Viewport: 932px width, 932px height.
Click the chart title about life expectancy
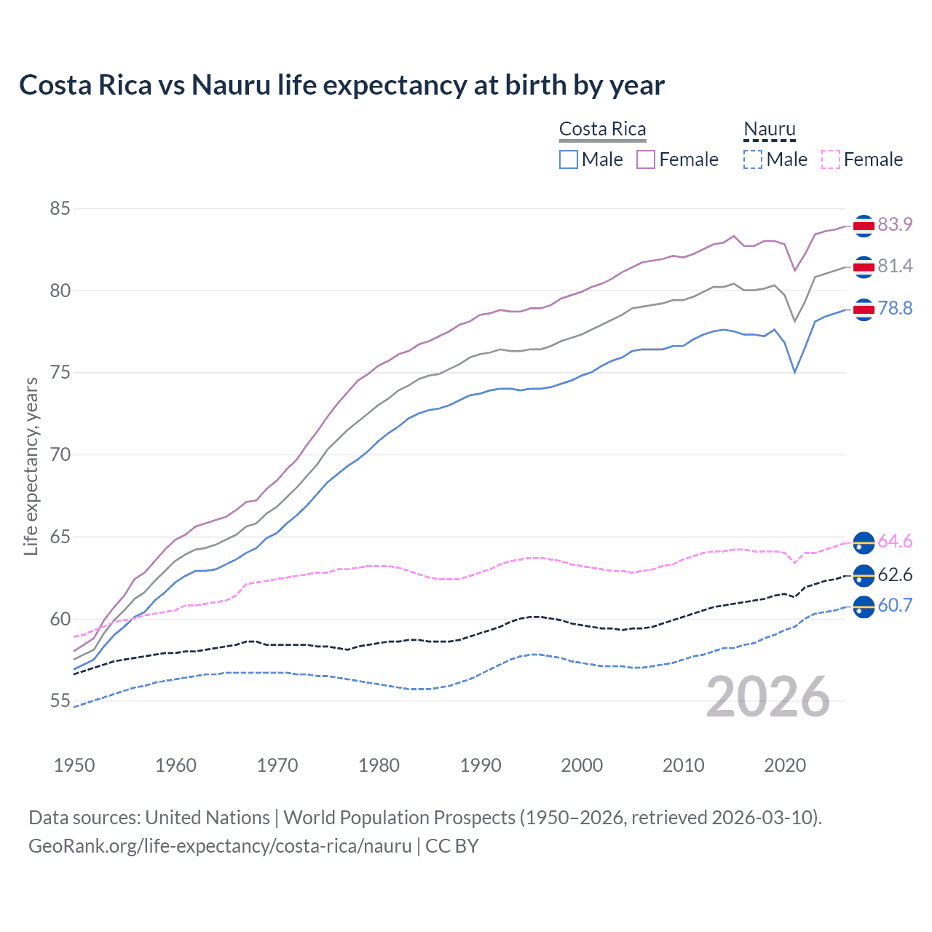coord(341,85)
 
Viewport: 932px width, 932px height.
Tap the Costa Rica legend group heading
coord(602,129)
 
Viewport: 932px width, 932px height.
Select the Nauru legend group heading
coord(769,129)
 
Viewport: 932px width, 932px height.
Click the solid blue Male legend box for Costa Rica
coord(569,159)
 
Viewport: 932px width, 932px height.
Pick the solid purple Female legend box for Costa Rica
coord(646,159)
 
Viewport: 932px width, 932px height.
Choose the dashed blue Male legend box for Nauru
coord(753,159)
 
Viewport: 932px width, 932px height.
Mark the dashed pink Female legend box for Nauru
coord(830,159)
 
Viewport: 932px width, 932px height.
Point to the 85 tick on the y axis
coord(60,209)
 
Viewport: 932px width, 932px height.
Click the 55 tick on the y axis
coord(60,701)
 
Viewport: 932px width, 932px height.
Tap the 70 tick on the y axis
coord(60,455)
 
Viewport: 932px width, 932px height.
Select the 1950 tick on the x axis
coord(74,765)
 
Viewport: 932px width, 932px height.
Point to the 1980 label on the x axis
coord(379,765)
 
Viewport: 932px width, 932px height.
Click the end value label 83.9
coord(895,225)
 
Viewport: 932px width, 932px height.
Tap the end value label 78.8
coord(895,309)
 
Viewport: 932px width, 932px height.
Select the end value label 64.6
coord(895,542)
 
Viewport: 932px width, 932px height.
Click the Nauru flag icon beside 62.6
coord(864,575)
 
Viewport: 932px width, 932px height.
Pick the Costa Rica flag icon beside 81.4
coord(864,267)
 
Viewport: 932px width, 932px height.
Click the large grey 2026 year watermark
coord(768,698)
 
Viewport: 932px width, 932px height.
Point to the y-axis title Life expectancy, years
coord(31,466)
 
